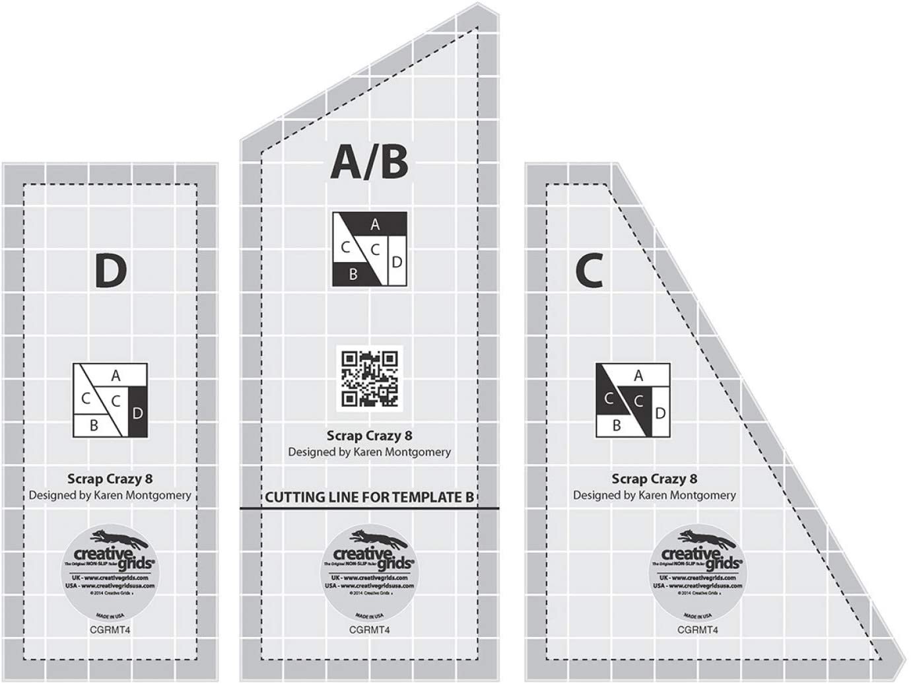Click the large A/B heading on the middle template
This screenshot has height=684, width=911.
[369, 162]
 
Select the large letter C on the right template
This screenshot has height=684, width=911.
[590, 271]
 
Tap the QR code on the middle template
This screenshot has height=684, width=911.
[369, 378]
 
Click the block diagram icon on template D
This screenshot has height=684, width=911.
[110, 400]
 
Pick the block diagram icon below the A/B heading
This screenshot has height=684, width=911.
[369, 249]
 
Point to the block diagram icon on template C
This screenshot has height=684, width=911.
[633, 400]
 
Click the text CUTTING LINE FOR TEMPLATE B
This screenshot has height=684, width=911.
[369, 496]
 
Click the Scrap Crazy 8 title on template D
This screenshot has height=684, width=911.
[110, 479]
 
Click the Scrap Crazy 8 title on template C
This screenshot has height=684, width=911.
[654, 479]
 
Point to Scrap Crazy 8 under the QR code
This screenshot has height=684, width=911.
[369, 436]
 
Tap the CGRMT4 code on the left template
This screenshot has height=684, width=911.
[110, 630]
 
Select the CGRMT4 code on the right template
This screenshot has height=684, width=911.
[697, 630]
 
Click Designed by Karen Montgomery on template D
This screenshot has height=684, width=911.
[110, 495]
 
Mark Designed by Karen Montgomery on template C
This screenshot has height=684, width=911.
[654, 495]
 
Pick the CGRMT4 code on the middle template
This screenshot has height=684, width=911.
[369, 630]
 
